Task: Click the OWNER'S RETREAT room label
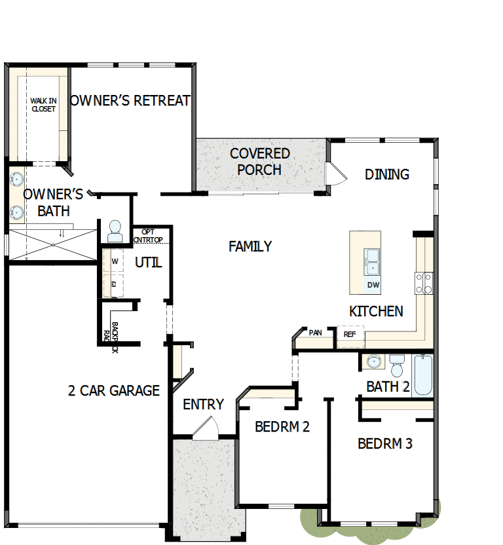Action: [130, 101]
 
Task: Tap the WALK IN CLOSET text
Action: [43, 105]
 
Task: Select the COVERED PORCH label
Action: [260, 162]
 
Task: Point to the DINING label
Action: [387, 174]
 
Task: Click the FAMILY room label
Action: [250, 247]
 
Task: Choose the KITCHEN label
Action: [376, 312]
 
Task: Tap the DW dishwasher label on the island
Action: [373, 285]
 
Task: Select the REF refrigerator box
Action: [350, 334]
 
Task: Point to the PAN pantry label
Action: [316, 333]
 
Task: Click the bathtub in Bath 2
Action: [423, 375]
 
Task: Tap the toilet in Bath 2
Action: [398, 365]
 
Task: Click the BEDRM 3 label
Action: [385, 444]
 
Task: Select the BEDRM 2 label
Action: [282, 427]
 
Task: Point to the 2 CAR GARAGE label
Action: [114, 391]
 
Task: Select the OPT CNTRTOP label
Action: [148, 236]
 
